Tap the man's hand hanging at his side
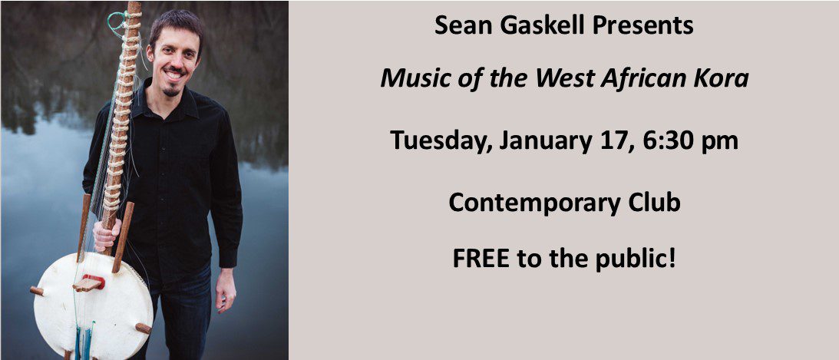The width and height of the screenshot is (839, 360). point(225,290)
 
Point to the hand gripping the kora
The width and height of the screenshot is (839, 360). point(107,235)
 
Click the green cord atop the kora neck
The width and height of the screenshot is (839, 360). point(117,23)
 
